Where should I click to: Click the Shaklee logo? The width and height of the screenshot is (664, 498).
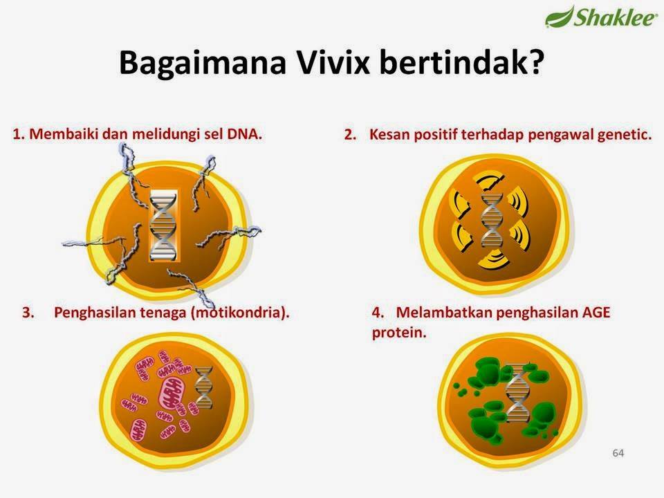point(601,17)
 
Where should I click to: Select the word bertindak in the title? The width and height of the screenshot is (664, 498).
point(461,62)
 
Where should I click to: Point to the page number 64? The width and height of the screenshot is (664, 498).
point(618,453)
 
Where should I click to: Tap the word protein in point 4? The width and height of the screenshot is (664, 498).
point(399,333)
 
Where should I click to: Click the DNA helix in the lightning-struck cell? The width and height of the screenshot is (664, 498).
point(163,225)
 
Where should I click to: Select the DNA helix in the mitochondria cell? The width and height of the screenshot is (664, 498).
point(203,387)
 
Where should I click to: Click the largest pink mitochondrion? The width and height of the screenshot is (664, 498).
point(172,393)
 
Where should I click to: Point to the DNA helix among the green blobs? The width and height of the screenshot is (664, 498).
point(517,392)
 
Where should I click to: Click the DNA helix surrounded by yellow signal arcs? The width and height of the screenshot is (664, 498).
point(492,221)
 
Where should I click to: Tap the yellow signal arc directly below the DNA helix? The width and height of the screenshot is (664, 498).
point(493,259)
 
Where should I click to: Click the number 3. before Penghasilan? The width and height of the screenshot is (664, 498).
point(28,313)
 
